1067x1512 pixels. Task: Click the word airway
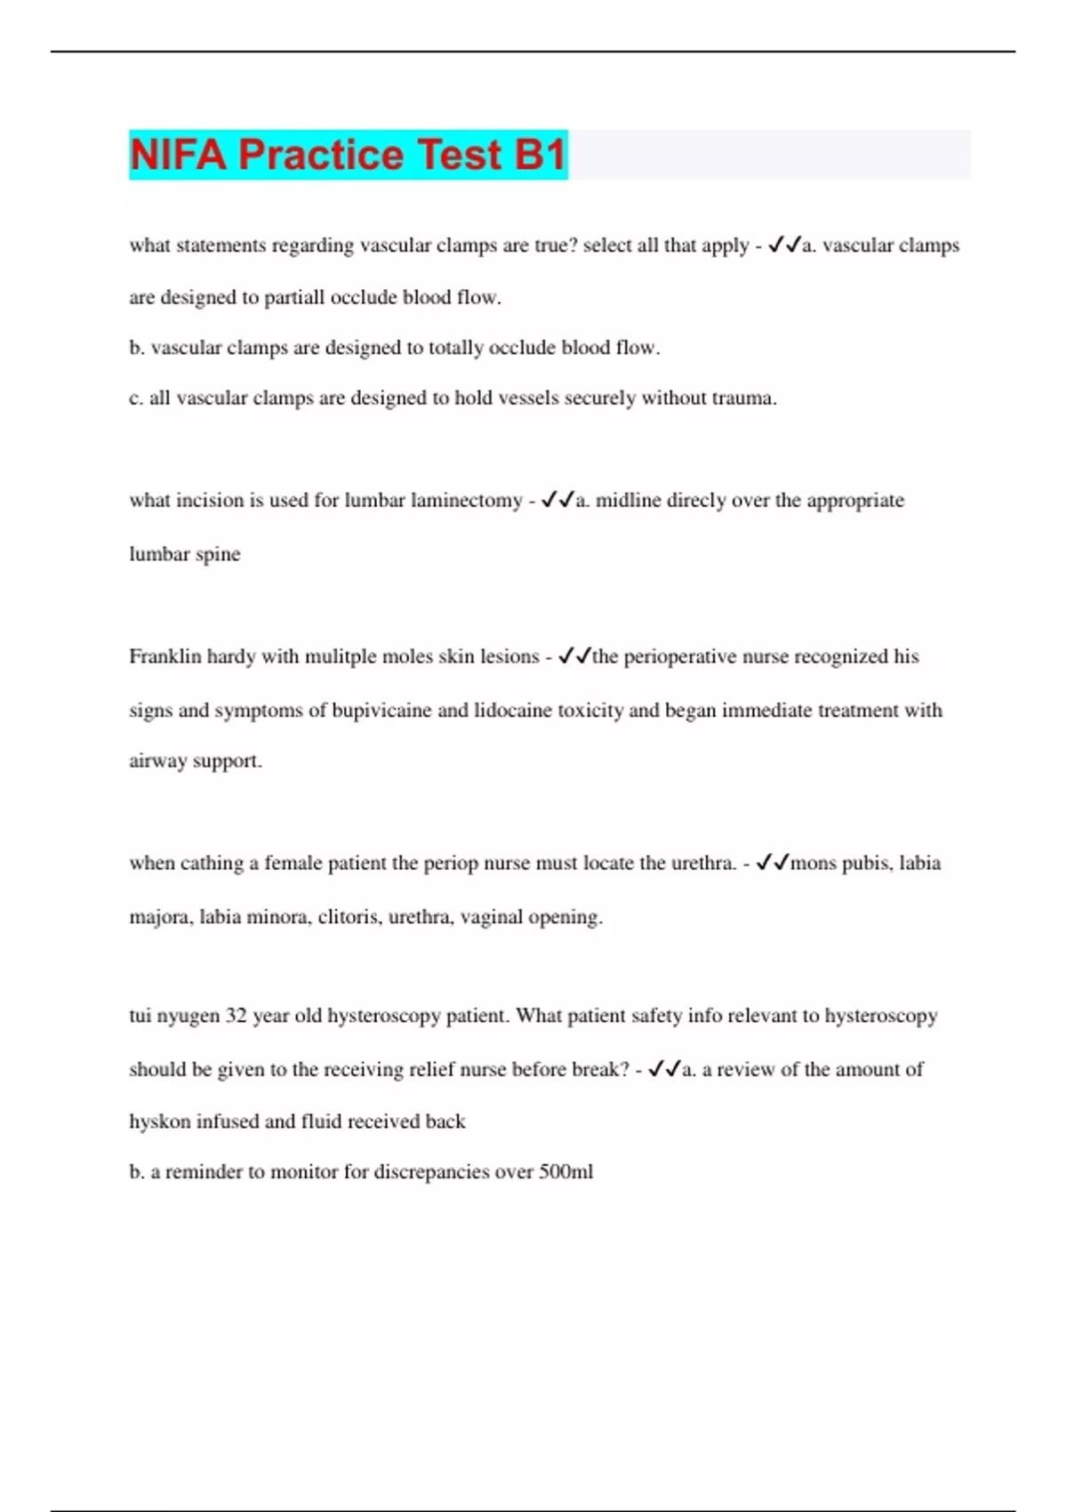pos(157,761)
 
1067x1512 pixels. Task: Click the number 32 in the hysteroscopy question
pos(236,1016)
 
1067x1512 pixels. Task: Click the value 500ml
pos(566,1172)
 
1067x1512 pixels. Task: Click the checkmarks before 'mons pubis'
pos(772,863)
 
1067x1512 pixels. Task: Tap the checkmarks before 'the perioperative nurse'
pos(574,656)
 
